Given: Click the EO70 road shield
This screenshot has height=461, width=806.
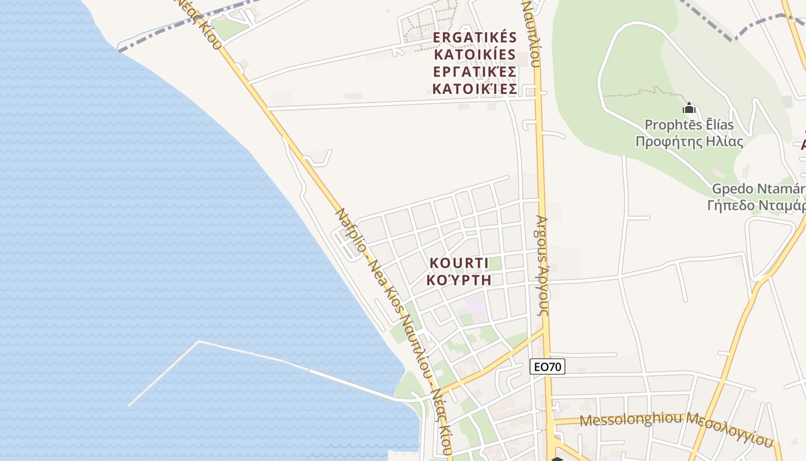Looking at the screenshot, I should point(547,366).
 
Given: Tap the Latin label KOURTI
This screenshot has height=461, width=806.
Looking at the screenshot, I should point(459,263).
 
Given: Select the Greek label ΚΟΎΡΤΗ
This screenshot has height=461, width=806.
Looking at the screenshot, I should point(459,280).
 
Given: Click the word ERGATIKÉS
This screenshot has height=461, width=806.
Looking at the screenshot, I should point(475,37).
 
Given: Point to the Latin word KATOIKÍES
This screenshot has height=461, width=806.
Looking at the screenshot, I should point(475,55).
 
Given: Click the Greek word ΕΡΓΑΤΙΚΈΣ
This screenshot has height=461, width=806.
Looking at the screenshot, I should point(475,72).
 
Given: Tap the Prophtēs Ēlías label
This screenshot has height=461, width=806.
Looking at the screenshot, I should point(689,125).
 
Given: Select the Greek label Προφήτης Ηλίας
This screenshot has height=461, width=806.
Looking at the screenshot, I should point(689,142).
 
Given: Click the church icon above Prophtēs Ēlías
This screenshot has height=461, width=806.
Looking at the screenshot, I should point(689,108).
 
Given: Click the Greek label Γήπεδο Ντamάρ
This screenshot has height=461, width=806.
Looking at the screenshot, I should point(756,206).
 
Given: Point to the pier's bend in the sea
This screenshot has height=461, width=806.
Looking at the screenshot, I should point(199,342).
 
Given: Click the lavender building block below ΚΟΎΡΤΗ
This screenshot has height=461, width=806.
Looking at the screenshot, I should point(474,304).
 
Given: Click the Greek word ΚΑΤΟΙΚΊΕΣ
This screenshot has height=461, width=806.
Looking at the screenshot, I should point(475,89).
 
